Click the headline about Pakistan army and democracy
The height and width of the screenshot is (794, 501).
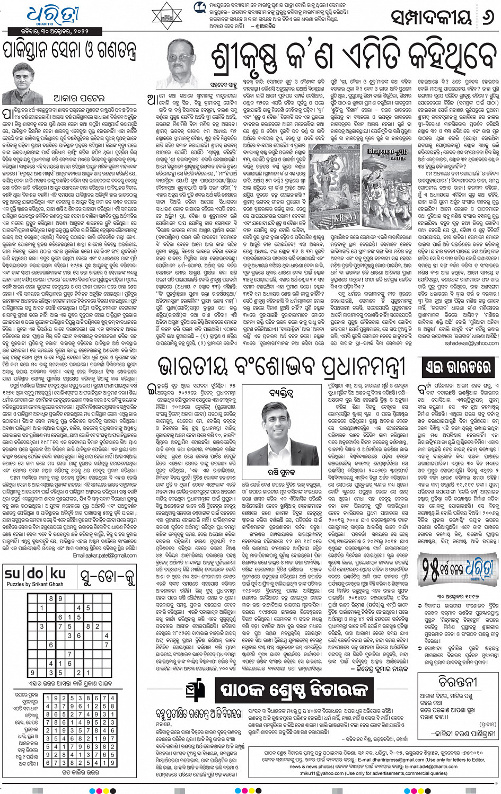coord(69,51)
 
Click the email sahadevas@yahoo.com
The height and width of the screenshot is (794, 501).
coord(471,343)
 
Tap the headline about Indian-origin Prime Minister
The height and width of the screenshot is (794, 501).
coord(281,366)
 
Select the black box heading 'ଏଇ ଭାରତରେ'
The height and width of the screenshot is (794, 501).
coord(458,367)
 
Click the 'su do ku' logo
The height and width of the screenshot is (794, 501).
coord(34,574)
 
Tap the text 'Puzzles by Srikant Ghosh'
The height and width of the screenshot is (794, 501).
coord(34,584)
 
